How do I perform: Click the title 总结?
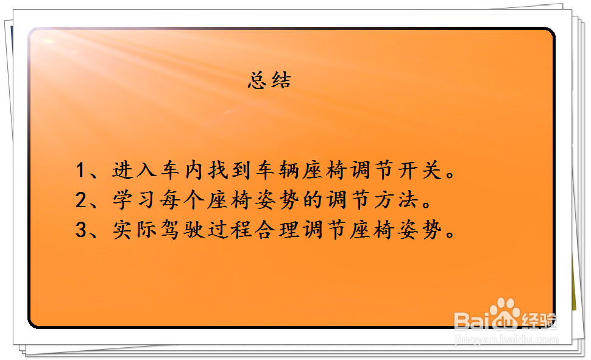coord(269,80)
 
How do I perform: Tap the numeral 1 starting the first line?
coord(80,170)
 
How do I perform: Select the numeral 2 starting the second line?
coord(81,200)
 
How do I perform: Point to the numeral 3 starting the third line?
coord(81,230)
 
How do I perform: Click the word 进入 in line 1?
coord(134,169)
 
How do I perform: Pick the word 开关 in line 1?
coord(420,169)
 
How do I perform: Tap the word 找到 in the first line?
coord(229,169)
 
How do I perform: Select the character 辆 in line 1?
coord(288,169)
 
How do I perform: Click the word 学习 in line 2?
coord(134,200)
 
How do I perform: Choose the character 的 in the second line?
coord(312,200)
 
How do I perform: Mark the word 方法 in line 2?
coord(396,200)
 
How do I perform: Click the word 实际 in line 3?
coord(134,230)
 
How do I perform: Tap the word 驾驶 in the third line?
coord(182,230)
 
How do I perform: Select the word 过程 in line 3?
coord(229,230)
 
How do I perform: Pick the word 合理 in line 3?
coord(277,230)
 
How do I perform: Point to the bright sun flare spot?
coord(48,41)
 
